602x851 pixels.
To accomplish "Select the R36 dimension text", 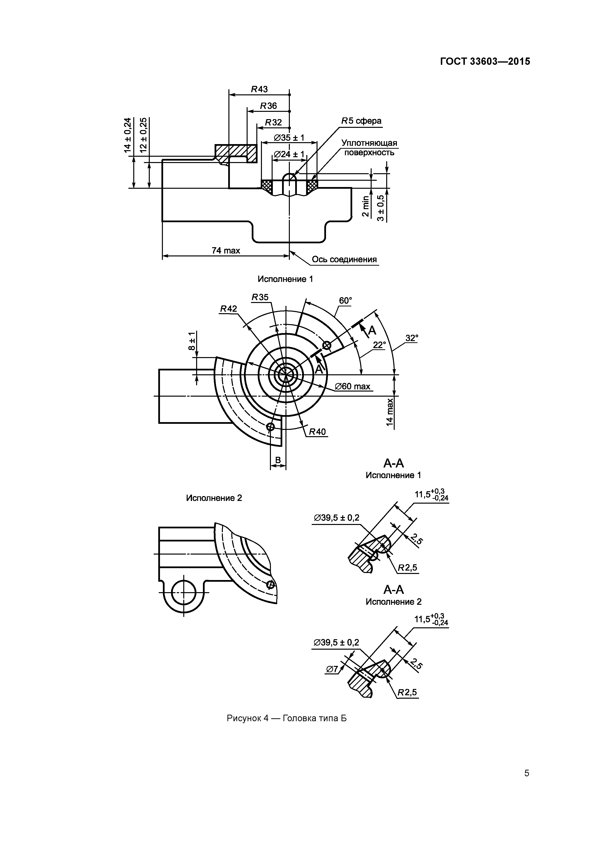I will [268, 106].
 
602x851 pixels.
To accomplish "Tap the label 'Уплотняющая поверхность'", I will [369, 147].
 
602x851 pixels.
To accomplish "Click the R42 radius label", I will [228, 309].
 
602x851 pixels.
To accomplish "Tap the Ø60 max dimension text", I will [352, 387].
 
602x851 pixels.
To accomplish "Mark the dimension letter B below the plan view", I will [278, 460].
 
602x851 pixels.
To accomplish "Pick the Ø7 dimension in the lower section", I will [332, 669].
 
